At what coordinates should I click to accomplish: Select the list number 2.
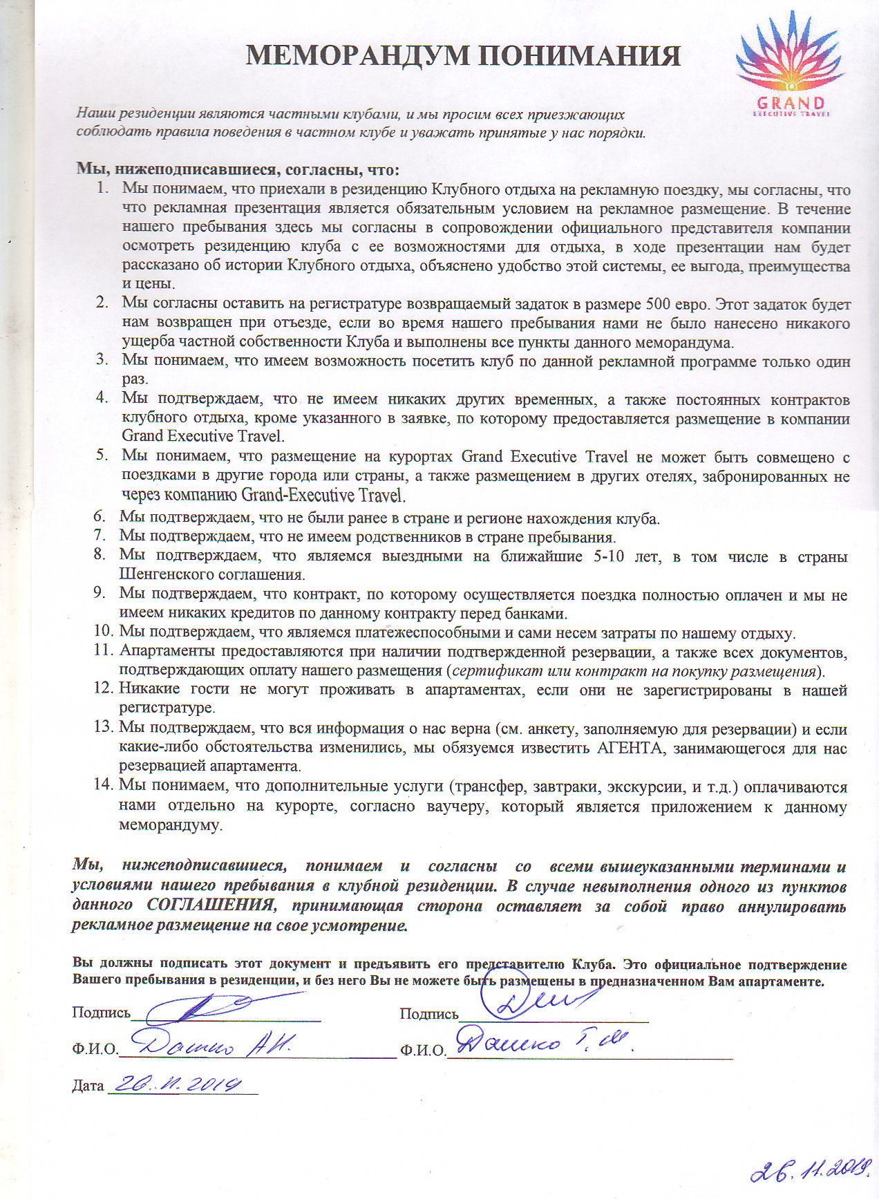pyautogui.click(x=102, y=303)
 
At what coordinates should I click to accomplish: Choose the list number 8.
pyautogui.click(x=99, y=555)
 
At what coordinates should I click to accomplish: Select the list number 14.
pyautogui.click(x=102, y=785)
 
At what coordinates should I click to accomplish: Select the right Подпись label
pyautogui.click(x=428, y=1014)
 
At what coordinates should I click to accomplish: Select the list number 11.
pyautogui.click(x=102, y=652)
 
